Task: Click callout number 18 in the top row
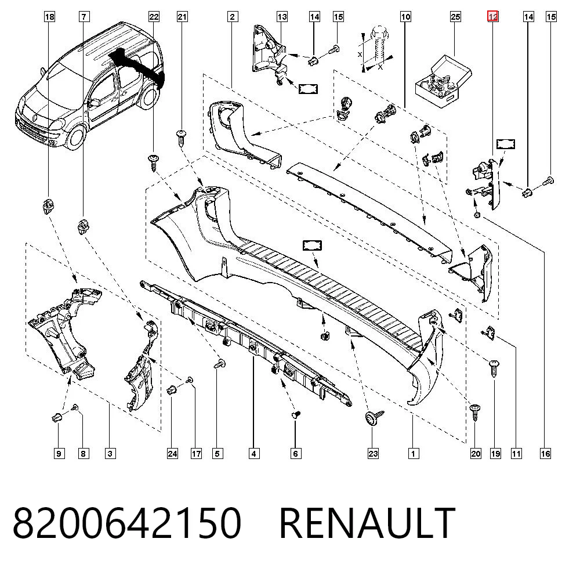49,17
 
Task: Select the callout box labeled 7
84,17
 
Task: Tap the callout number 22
154,17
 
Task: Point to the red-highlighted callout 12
492,16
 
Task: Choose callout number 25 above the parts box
455,17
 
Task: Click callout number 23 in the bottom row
373,453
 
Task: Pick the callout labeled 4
253,453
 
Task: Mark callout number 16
545,453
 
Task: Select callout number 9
59,453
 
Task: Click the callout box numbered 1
413,453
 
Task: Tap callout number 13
282,17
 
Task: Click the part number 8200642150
127,522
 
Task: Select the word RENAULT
367,522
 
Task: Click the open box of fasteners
443,82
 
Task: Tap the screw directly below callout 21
182,138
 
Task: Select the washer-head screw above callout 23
372,418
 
